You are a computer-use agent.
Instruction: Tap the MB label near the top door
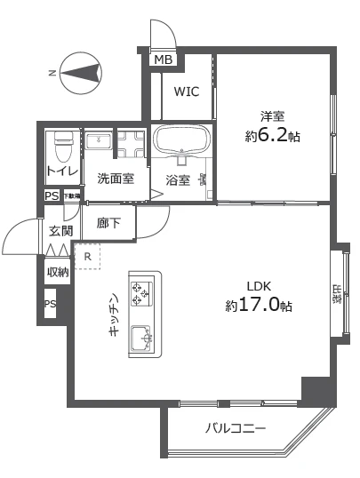(x=164, y=60)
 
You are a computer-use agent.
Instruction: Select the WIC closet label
(x=187, y=92)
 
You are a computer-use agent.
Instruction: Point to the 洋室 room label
(x=271, y=116)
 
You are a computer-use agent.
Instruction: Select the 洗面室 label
(x=116, y=179)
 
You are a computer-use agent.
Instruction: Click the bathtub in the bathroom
(x=181, y=141)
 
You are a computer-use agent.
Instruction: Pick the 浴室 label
(x=178, y=180)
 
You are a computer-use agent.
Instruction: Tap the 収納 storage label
(x=58, y=273)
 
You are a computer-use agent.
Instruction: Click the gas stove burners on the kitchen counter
(x=142, y=292)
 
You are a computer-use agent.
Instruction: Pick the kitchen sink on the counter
(x=142, y=339)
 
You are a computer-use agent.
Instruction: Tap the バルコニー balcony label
(x=236, y=427)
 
